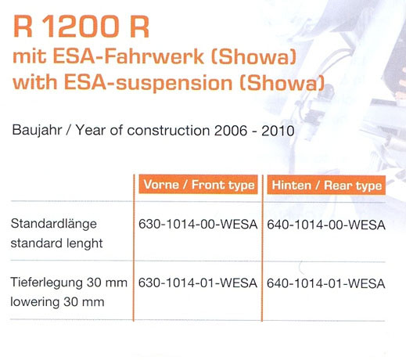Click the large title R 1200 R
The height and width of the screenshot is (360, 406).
point(81,27)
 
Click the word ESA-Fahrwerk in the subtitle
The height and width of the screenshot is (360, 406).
point(128,56)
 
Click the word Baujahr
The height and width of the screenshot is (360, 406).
point(37,131)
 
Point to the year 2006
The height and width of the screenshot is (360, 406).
point(231,131)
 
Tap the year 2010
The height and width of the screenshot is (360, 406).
point(278,131)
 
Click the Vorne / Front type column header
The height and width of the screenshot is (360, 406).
point(199,185)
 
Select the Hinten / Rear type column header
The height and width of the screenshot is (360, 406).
point(326,185)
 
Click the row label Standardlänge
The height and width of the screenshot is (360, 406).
point(54,225)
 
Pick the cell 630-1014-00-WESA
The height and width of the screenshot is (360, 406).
point(198,225)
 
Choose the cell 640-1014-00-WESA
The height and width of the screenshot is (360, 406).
point(326,225)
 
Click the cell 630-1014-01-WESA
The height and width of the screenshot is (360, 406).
point(198,283)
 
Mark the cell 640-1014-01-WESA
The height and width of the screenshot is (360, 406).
point(326,283)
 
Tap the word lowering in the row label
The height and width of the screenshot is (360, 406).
point(35,302)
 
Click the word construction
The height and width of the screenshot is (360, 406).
point(168,131)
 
